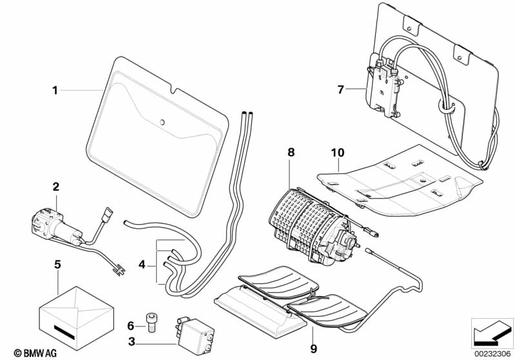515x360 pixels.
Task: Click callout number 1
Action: coord(55,90)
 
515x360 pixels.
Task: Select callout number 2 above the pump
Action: coord(56,187)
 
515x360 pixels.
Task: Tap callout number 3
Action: coord(131,342)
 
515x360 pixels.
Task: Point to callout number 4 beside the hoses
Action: coord(142,264)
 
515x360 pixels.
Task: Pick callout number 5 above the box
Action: coord(57,265)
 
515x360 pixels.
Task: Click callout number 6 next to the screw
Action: coord(131,326)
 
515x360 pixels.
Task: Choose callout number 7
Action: coord(340,89)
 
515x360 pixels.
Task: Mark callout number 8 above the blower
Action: coord(291,152)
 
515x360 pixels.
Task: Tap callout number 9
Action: coord(314,349)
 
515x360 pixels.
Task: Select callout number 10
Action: coord(338,153)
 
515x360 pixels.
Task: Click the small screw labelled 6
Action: coord(150,322)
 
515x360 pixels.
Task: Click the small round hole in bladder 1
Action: coord(162,122)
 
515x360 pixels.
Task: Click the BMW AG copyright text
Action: coord(35,353)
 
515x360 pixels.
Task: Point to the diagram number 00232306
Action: coord(492,354)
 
